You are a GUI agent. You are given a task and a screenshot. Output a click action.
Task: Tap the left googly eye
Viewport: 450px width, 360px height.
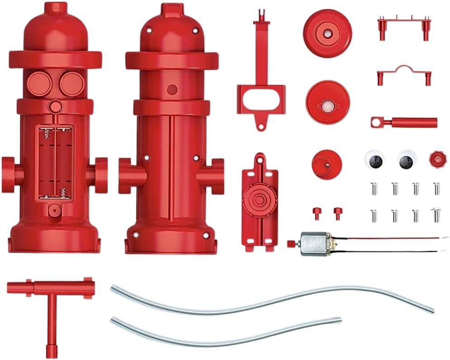pos(374,159)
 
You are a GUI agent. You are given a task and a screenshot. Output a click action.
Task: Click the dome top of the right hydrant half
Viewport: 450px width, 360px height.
pos(171,27)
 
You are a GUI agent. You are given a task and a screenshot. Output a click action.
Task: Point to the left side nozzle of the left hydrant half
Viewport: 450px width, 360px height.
pos(10,171)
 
